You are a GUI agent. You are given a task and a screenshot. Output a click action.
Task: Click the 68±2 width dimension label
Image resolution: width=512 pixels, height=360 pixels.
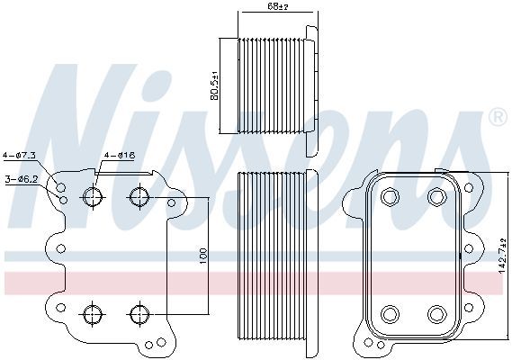[278, 6]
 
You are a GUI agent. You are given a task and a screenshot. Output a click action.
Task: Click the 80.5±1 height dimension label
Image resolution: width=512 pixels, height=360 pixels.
[214, 85]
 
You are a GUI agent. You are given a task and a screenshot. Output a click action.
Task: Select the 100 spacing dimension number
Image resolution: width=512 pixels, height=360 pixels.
[203, 256]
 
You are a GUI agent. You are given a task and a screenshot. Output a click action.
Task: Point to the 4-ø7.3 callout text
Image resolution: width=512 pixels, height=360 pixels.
[19, 155]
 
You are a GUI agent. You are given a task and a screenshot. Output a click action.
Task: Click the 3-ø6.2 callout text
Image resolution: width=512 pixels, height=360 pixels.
[22, 179]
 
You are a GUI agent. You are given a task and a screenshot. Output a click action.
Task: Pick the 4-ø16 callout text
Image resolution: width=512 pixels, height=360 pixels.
[120, 155]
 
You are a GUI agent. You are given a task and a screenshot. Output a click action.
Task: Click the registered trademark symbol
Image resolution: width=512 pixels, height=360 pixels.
[498, 117]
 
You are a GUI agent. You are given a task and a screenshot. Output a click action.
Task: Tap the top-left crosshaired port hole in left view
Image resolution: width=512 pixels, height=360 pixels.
[93, 197]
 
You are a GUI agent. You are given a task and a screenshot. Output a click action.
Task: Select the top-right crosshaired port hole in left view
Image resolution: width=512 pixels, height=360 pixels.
[139, 197]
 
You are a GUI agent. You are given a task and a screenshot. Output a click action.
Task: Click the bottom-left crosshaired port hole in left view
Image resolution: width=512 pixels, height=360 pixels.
[93, 314]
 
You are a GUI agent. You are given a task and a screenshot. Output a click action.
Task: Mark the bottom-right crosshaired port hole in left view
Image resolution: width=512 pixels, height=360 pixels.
[139, 314]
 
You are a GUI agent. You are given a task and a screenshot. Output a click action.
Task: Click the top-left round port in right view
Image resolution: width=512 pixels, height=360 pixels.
[390, 197]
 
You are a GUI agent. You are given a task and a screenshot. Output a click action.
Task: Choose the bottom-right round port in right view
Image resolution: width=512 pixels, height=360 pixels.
[436, 314]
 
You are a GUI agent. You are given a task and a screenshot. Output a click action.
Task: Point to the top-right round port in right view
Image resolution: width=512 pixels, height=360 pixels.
[436, 197]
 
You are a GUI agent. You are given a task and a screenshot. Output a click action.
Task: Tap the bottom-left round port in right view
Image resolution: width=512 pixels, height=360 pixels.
[390, 314]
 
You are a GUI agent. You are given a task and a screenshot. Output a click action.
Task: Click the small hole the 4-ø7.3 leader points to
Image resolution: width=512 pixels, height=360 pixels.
[60, 187]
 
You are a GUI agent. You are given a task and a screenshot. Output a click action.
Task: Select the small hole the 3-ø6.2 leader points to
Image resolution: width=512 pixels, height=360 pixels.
[64, 200]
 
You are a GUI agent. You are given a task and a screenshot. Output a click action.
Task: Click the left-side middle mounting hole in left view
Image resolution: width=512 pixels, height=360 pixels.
[60, 248]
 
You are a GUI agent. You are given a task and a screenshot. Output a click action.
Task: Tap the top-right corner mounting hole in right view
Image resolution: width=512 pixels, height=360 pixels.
[469, 188]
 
